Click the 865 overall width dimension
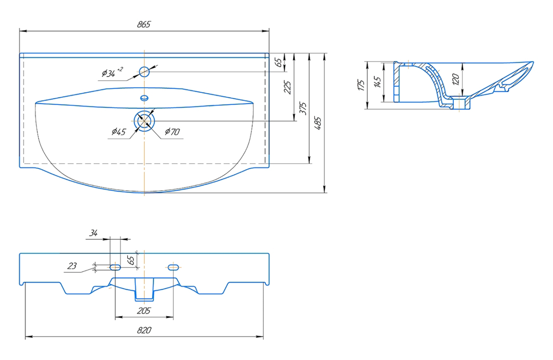pyautogui.click(x=144, y=24)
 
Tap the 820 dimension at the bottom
pyautogui.click(x=144, y=330)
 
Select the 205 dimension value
pyautogui.click(x=143, y=311)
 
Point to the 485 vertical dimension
pyautogui.click(x=318, y=123)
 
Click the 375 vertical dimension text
pyautogui.click(x=303, y=108)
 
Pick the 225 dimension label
pyautogui.click(x=288, y=87)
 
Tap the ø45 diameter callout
pyautogui.click(x=119, y=132)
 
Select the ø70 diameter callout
pyautogui.click(x=172, y=132)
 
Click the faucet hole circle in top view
pyautogui.click(x=144, y=72)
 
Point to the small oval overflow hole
pyautogui.click(x=144, y=98)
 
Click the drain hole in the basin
pyautogui.click(x=144, y=121)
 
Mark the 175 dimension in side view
pyautogui.click(x=361, y=85)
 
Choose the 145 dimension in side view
pyautogui.click(x=377, y=82)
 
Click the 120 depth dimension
pyautogui.click(x=456, y=79)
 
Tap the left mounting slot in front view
pyautogui.click(x=115, y=267)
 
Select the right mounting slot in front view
pyautogui.click(x=173, y=267)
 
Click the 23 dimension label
pyautogui.click(x=72, y=266)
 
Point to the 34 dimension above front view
pyautogui.click(x=94, y=233)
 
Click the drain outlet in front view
pyautogui.click(x=144, y=289)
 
